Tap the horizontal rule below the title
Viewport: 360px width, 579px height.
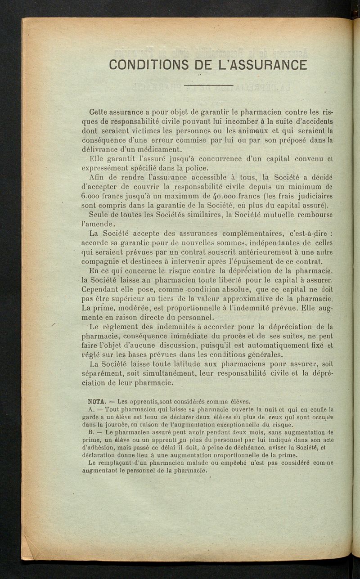click(208, 85)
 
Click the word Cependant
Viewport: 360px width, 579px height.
click(101, 289)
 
